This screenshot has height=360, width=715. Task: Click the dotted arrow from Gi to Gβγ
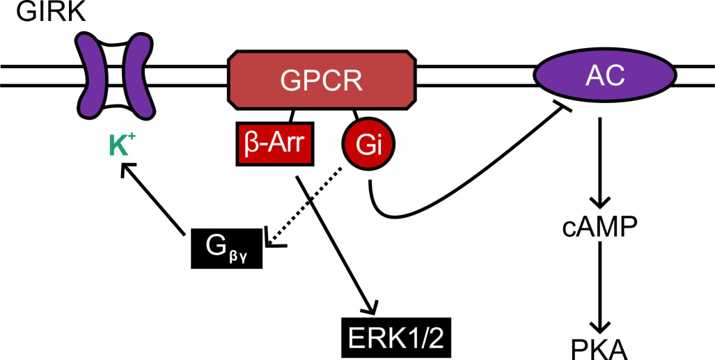click(x=308, y=205)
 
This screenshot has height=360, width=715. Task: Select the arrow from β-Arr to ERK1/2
click(x=337, y=244)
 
